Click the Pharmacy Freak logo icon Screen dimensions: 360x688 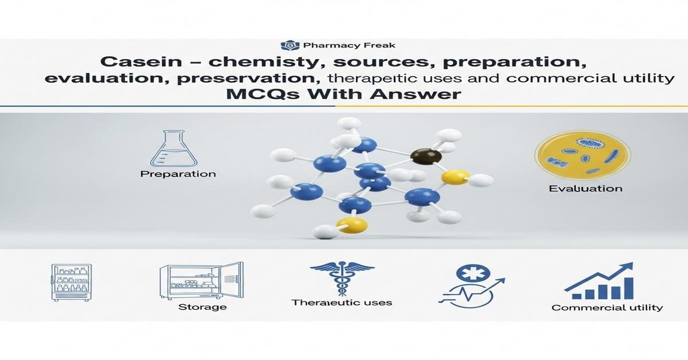[287, 45]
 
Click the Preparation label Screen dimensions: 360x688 [178, 174]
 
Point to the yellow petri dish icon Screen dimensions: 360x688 [582, 155]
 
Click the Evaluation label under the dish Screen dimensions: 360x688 [585, 189]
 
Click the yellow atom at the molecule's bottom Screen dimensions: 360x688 [351, 225]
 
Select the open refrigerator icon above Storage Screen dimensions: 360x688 [201, 281]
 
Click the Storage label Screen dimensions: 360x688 [202, 307]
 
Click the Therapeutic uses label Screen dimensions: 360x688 [342, 302]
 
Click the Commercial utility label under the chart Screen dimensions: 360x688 [607, 308]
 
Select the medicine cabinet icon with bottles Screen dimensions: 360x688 [72, 283]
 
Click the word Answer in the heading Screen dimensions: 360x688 [421, 94]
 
